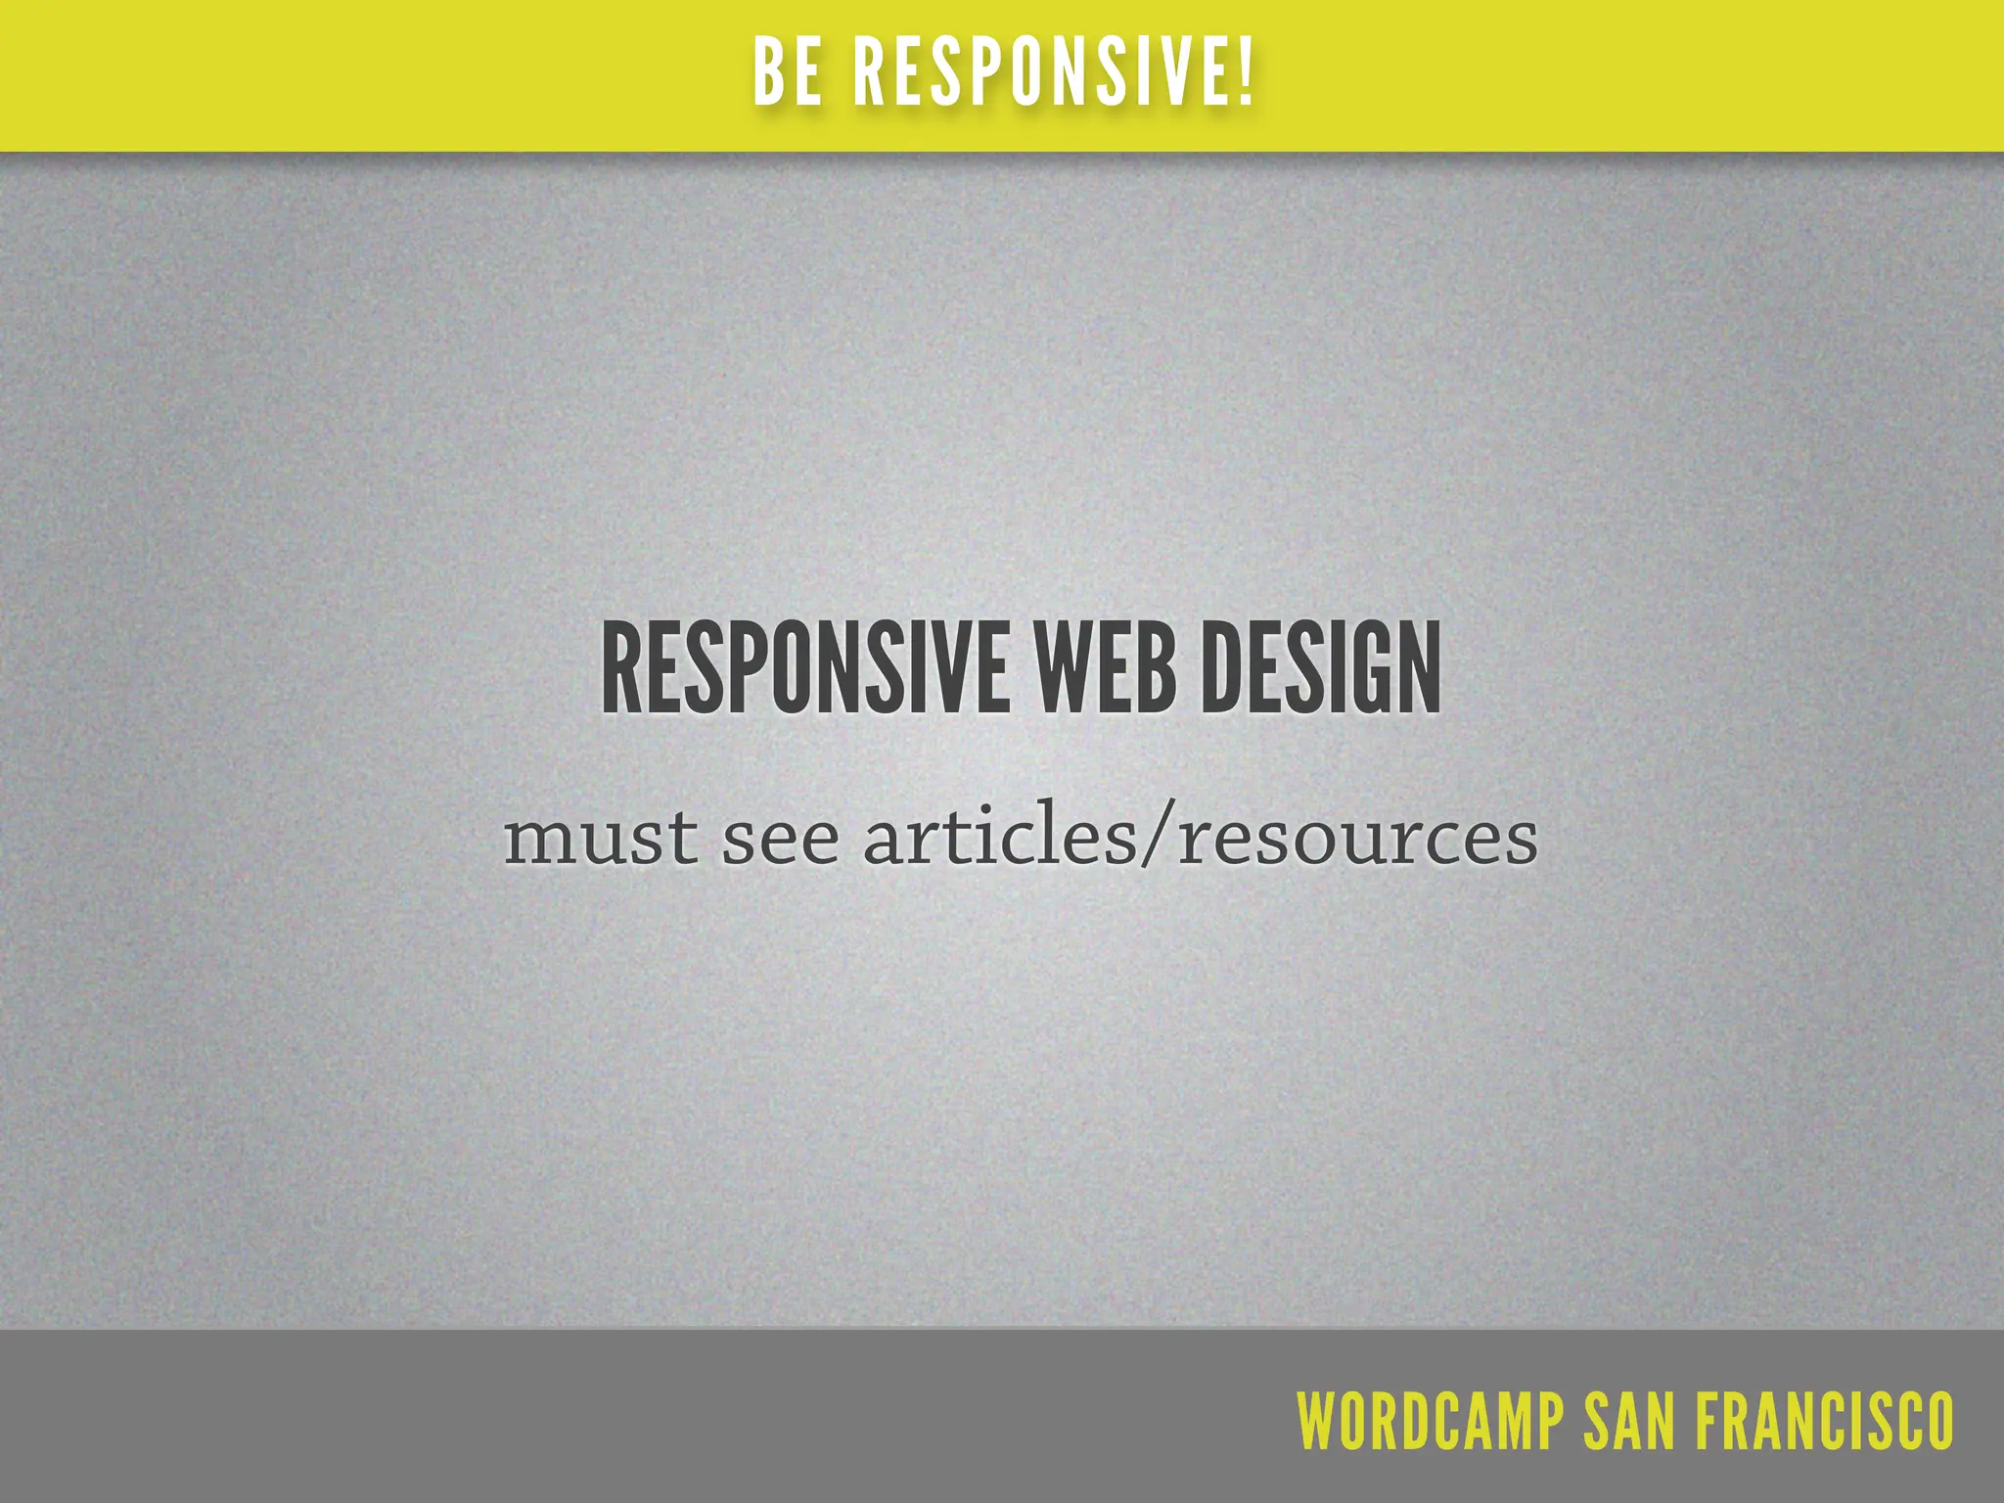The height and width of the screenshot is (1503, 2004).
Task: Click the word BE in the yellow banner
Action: click(x=788, y=73)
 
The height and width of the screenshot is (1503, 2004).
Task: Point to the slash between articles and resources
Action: click(x=1158, y=840)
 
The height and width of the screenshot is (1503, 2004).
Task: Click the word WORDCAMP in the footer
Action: click(x=1430, y=1420)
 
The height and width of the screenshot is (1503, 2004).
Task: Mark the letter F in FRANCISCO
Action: click(x=1708, y=1420)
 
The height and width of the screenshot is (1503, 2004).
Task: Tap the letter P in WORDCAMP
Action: click(x=1549, y=1420)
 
